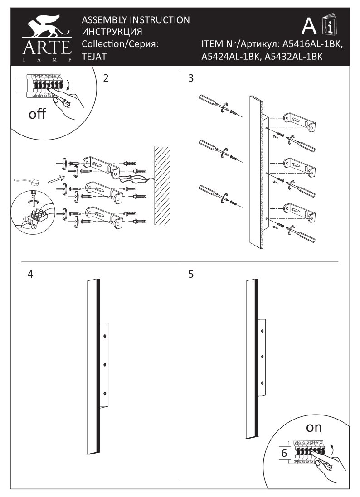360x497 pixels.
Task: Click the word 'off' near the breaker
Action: [x=37, y=114]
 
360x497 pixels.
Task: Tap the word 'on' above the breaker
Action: [x=314, y=427]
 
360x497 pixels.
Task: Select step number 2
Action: [x=106, y=78]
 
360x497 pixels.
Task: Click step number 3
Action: [x=191, y=78]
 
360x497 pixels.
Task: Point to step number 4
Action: [x=30, y=274]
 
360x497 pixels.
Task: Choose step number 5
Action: [x=191, y=274]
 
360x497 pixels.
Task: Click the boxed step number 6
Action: [x=284, y=453]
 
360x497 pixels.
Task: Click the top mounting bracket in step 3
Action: [x=299, y=121]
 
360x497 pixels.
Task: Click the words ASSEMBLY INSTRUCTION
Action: [x=135, y=20]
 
